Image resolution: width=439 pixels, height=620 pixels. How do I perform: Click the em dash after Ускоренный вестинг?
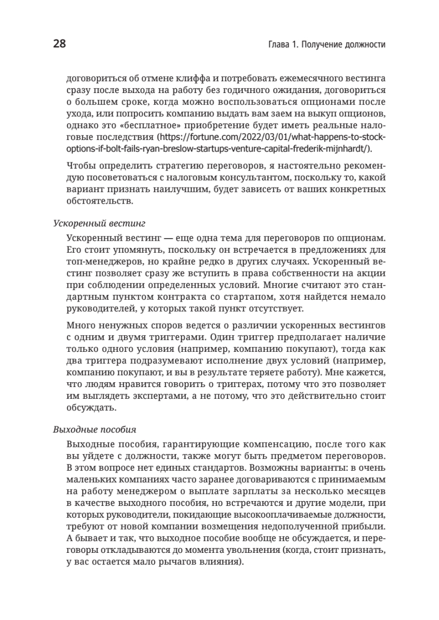166,237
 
